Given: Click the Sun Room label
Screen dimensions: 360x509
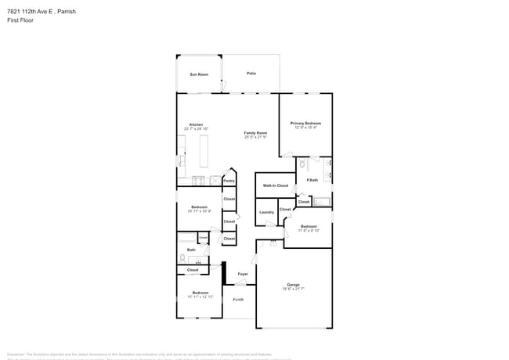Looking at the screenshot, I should click(x=199, y=74).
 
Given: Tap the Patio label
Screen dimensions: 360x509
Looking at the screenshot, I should click(x=251, y=73).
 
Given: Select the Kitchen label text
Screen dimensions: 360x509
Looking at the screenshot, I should click(x=196, y=124).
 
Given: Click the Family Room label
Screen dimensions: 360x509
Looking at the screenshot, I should click(x=255, y=133).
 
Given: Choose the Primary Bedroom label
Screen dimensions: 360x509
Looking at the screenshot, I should click(x=305, y=123).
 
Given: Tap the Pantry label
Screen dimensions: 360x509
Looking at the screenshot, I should click(x=229, y=181).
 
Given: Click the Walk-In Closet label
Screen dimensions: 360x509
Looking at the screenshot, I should click(x=275, y=185).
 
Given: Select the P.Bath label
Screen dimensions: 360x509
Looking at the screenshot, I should click(x=312, y=181).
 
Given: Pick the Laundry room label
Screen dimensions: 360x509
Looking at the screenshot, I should click(x=266, y=212).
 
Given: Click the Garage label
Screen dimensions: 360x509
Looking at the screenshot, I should click(x=294, y=284).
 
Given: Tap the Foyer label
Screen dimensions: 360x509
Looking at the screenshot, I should click(x=243, y=274).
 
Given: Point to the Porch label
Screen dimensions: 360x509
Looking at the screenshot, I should click(x=238, y=300).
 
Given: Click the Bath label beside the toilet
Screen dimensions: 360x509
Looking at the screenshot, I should click(x=191, y=250).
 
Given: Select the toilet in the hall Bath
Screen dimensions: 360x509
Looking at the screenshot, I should click(x=182, y=257).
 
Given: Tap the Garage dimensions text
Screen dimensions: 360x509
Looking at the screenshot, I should click(x=294, y=289).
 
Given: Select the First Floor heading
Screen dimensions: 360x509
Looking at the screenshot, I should click(x=19, y=22).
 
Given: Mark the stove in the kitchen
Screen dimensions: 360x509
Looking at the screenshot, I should click(x=197, y=180).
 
